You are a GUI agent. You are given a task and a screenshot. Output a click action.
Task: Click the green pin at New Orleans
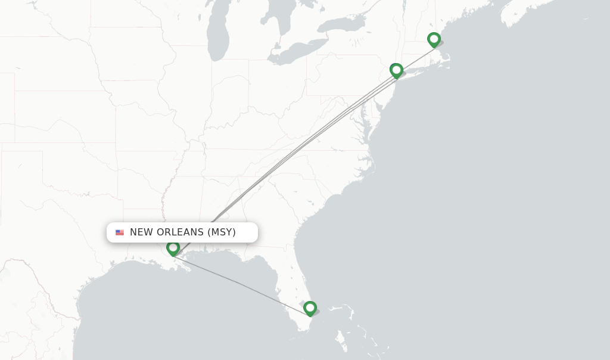click(173, 247)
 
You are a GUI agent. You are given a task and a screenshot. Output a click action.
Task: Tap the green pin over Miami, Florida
click(310, 308)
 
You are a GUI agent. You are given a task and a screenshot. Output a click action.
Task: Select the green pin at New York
click(396, 70)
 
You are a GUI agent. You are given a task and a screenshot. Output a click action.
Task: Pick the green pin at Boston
click(434, 39)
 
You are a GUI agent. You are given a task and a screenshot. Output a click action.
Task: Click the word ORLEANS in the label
click(178, 232)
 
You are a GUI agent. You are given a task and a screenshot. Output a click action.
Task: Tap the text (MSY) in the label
click(222, 232)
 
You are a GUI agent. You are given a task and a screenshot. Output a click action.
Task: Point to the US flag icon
click(120, 232)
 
